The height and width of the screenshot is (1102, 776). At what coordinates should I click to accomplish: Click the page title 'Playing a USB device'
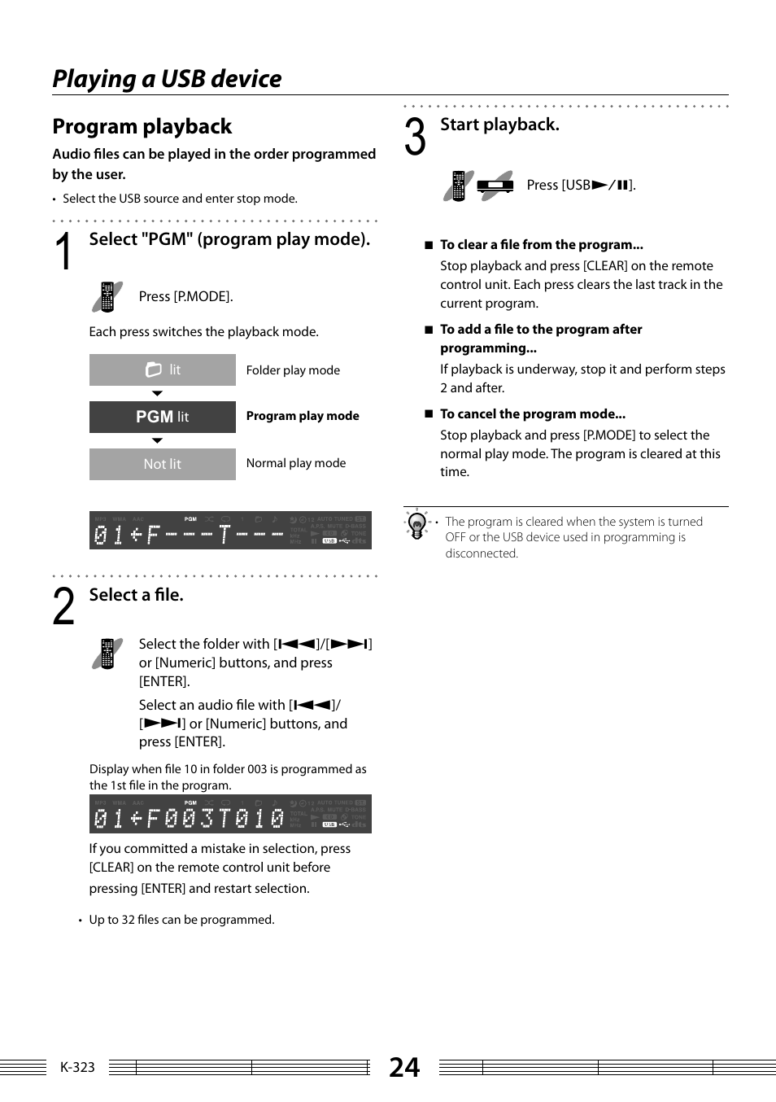(167, 79)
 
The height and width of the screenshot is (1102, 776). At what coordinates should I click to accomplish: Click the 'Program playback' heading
(142, 127)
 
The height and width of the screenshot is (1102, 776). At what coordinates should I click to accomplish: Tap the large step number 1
(63, 251)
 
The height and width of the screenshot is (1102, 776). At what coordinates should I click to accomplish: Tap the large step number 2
(63, 607)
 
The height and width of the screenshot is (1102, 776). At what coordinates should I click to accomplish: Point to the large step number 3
(415, 137)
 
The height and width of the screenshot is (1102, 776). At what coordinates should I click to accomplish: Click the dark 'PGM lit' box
(162, 417)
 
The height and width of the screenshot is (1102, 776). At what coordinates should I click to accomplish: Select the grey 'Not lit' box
(162, 464)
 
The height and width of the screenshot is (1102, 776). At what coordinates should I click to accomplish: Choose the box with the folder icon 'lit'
(162, 370)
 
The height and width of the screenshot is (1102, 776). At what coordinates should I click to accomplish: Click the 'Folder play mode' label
(293, 370)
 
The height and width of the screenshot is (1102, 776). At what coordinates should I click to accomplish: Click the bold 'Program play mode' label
(303, 416)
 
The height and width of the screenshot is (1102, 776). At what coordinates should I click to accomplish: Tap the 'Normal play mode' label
(296, 463)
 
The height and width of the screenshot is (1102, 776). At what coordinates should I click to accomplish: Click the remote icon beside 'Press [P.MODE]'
(107, 297)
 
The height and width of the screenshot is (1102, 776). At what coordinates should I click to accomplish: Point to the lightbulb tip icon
(417, 525)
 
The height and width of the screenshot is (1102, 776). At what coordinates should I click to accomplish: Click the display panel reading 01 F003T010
(230, 814)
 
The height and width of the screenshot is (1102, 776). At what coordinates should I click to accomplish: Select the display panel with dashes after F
(230, 531)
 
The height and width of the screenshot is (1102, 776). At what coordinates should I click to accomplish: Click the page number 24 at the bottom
(404, 1067)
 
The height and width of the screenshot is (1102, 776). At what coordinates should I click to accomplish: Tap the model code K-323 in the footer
(77, 1067)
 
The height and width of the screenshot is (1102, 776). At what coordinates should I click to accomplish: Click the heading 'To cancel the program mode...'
(533, 414)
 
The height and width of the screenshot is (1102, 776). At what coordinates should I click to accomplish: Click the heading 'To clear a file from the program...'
(542, 245)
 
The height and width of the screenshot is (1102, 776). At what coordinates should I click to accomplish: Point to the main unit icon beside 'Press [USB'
(495, 186)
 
